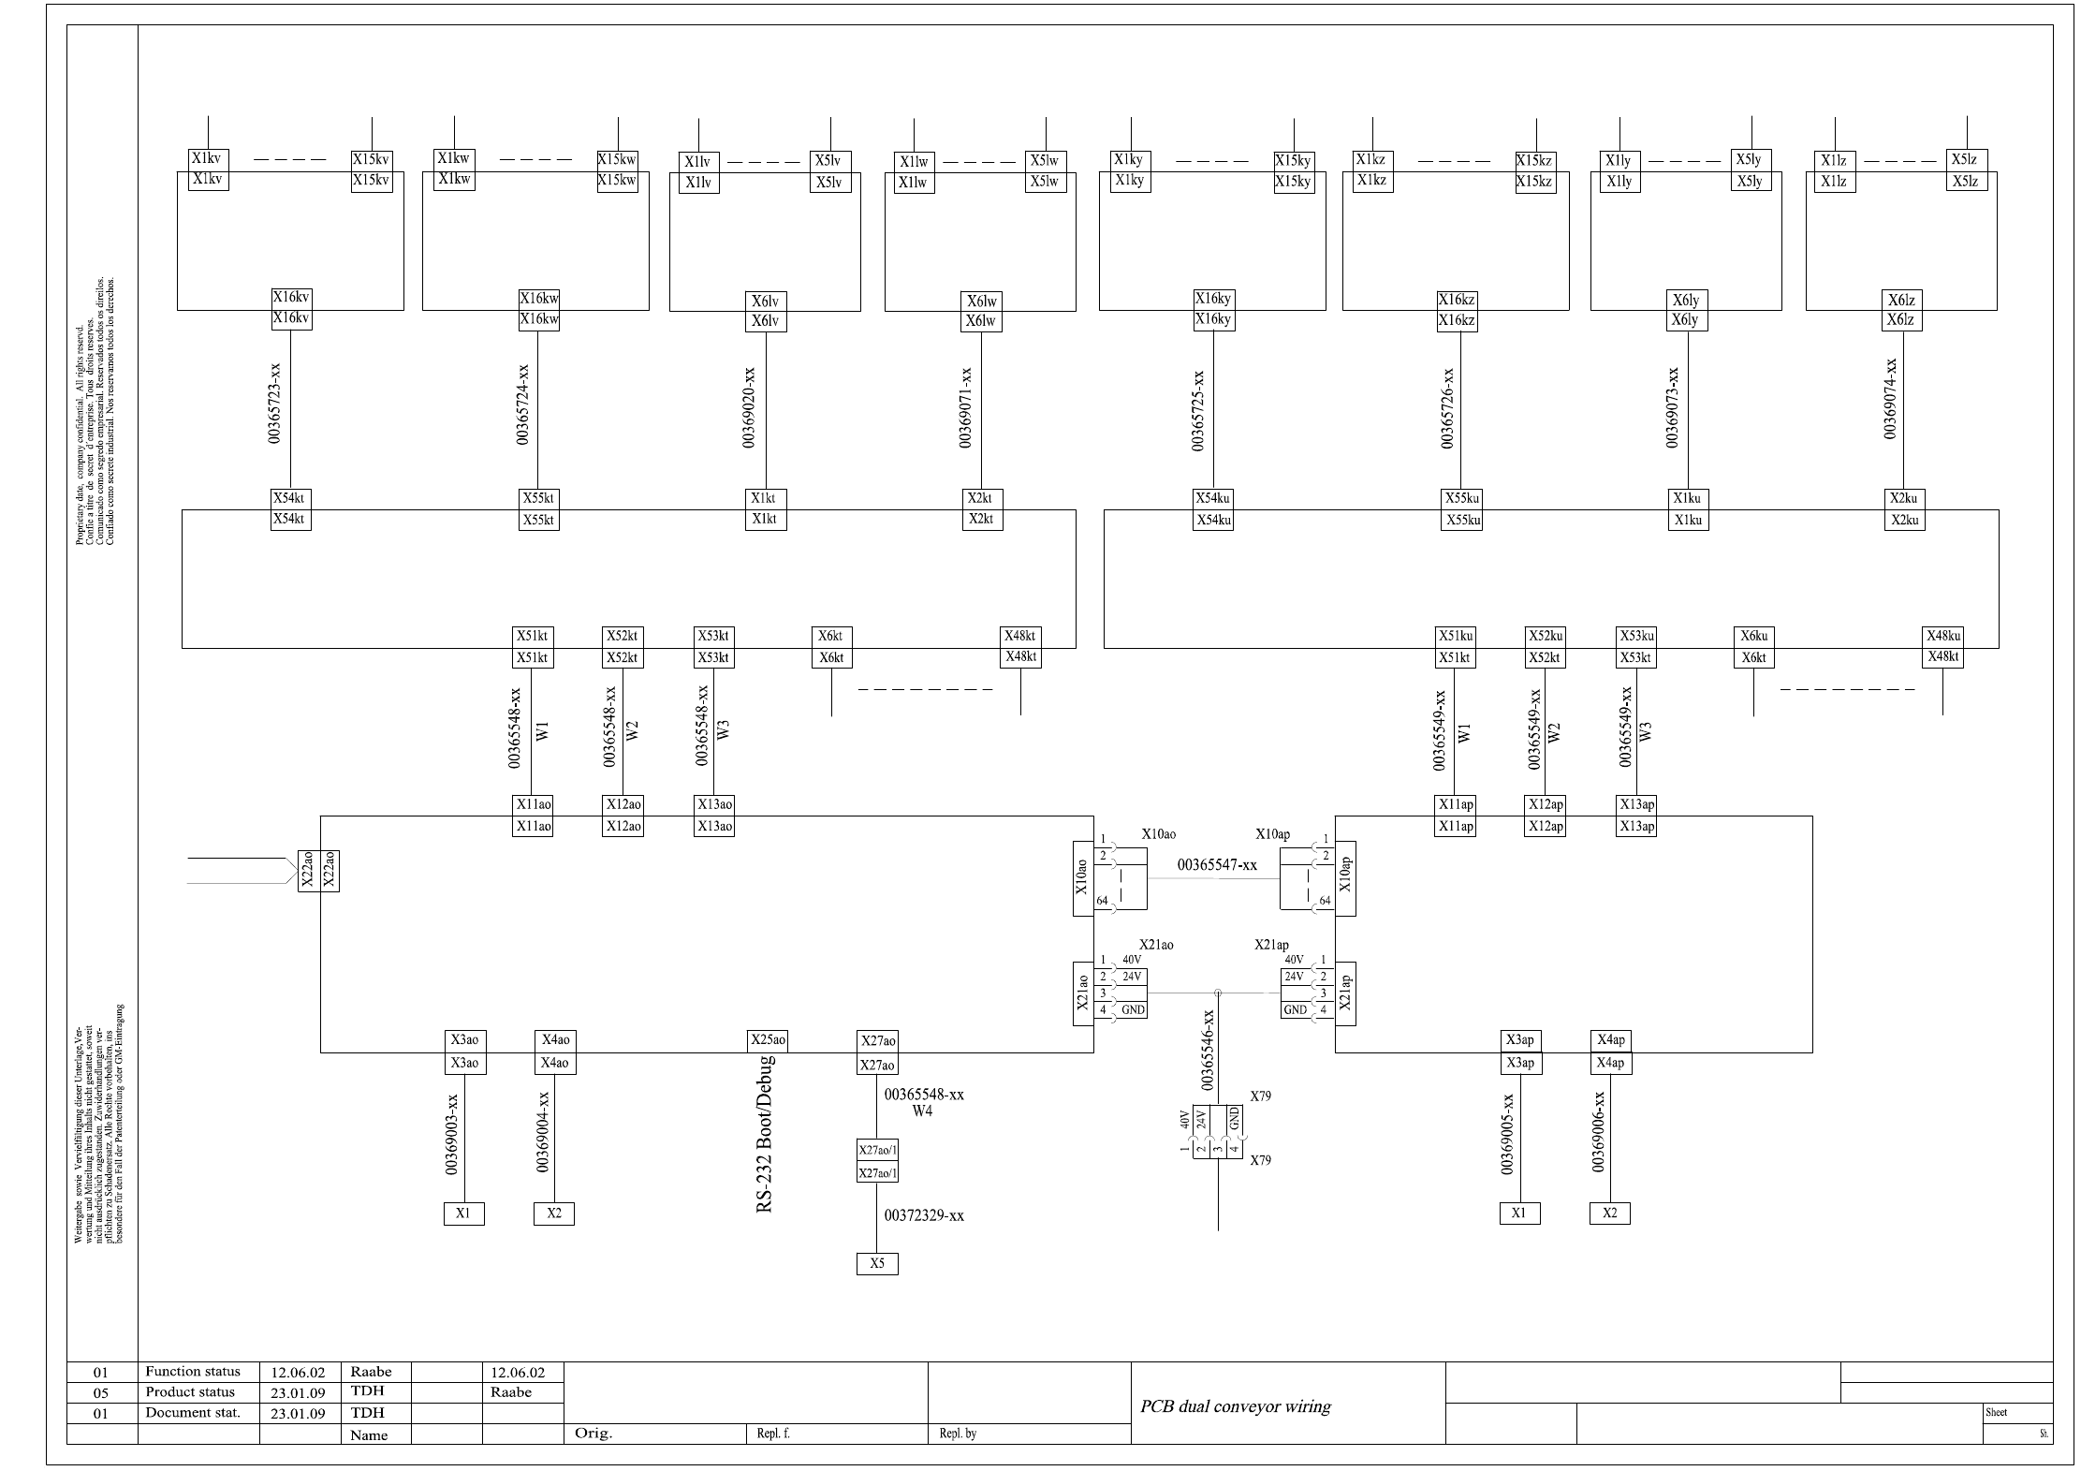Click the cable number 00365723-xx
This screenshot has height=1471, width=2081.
[275, 404]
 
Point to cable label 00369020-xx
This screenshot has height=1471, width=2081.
[749, 407]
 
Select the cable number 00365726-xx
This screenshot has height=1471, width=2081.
[1448, 408]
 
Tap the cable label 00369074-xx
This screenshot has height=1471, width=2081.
[1891, 398]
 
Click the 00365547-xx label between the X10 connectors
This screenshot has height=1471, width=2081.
[1216, 865]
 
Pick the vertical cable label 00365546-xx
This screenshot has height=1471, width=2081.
[1209, 1050]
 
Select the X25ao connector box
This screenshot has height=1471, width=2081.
[768, 1040]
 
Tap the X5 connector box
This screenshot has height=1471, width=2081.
[877, 1264]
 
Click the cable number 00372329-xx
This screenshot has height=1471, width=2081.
[924, 1215]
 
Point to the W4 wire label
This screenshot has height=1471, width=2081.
[923, 1111]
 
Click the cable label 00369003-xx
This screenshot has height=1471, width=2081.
[452, 1134]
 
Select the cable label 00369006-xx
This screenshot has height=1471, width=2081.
[1598, 1131]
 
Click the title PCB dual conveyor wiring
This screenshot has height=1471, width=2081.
[1236, 1406]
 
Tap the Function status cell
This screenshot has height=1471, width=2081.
[193, 1372]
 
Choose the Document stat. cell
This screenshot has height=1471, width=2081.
[193, 1413]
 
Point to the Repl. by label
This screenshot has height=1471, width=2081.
[958, 1434]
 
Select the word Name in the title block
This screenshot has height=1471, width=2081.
[369, 1434]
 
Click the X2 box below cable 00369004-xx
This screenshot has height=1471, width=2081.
[554, 1214]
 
